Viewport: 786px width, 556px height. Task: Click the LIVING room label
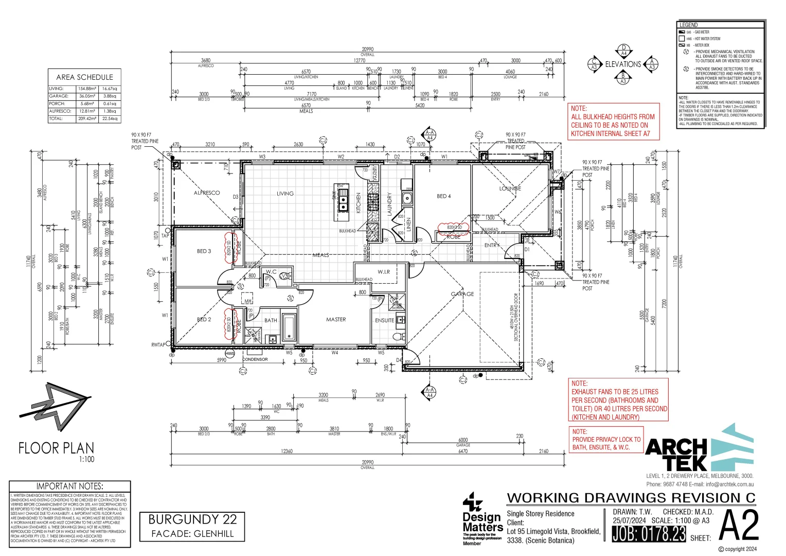(285, 194)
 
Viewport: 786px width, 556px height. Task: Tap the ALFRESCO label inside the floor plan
(207, 193)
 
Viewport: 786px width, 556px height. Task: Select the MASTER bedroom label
(336, 320)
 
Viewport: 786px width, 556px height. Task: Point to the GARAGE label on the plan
(462, 294)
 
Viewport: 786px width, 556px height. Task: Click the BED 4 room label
(443, 196)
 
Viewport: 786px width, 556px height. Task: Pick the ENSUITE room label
(384, 320)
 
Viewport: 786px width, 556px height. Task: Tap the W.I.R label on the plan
(384, 272)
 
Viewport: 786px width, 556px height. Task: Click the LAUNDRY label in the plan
(389, 204)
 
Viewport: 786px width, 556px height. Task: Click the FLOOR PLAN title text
(57, 448)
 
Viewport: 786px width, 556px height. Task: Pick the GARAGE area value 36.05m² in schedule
(87, 96)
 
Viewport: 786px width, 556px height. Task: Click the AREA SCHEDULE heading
(84, 77)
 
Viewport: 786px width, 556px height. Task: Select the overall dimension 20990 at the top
(367, 49)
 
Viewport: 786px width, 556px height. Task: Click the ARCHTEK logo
(700, 448)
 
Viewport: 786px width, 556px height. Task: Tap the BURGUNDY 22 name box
(192, 525)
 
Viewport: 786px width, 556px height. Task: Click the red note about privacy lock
(606, 440)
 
